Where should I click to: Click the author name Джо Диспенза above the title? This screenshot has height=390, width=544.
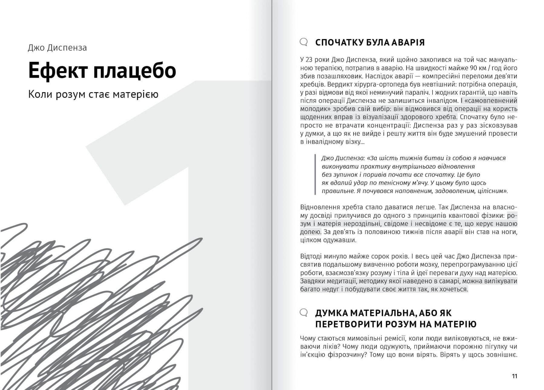[57, 48]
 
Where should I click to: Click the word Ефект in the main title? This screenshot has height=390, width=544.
[57, 70]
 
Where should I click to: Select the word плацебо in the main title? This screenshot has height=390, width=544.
[134, 70]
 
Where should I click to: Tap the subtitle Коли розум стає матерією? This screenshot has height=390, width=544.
[93, 94]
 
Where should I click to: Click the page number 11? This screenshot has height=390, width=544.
[514, 376]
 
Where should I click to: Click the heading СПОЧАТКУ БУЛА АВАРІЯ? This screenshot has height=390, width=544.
[370, 42]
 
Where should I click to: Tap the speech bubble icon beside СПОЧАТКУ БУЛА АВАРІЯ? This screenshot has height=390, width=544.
[304, 42]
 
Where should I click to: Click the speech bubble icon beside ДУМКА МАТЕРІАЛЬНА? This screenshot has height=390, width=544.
[304, 312]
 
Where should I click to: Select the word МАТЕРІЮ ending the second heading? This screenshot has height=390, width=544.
[455, 324]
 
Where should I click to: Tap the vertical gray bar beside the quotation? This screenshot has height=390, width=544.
[315, 174]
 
